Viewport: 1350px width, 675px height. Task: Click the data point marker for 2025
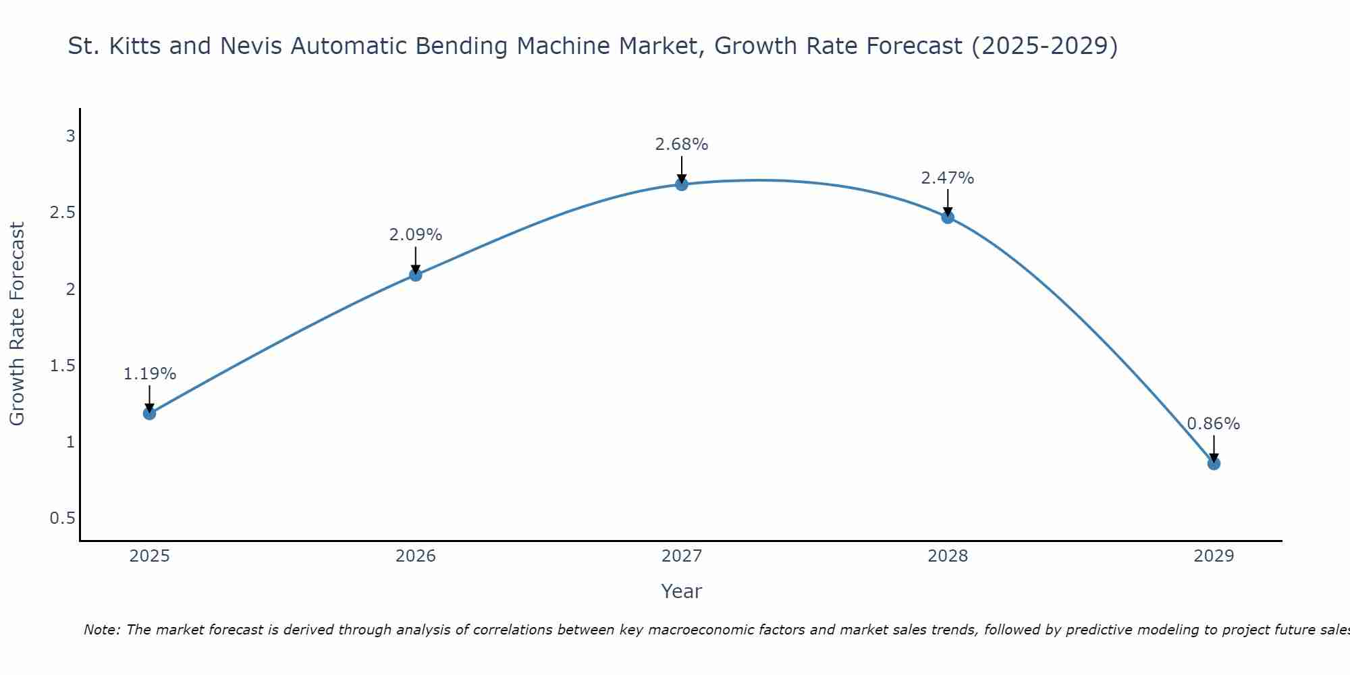[149, 413]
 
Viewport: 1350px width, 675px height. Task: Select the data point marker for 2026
[415, 275]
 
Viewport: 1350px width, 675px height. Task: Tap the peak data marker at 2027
[681, 184]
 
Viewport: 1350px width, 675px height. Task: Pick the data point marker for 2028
[947, 217]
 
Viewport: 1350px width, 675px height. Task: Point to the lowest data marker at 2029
[1213, 464]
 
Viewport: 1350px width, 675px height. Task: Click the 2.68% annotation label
[681, 144]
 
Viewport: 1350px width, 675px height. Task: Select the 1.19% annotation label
[149, 374]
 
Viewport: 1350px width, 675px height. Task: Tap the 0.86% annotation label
[1213, 424]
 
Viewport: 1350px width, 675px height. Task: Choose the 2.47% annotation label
[947, 178]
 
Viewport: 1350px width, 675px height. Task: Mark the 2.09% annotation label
[415, 235]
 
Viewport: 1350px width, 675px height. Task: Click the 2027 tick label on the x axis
[681, 556]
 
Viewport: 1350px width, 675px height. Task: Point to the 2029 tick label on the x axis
[1213, 556]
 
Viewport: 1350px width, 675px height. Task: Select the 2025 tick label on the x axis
[149, 556]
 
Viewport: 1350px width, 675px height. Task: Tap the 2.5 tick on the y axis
[62, 213]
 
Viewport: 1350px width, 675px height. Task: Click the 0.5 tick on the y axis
[62, 518]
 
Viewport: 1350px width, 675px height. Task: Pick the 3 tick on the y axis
[70, 136]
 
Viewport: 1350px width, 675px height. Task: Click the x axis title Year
[681, 591]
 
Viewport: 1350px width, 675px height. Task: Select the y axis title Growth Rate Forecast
[17, 323]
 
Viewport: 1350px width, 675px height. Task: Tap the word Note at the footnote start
[101, 630]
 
